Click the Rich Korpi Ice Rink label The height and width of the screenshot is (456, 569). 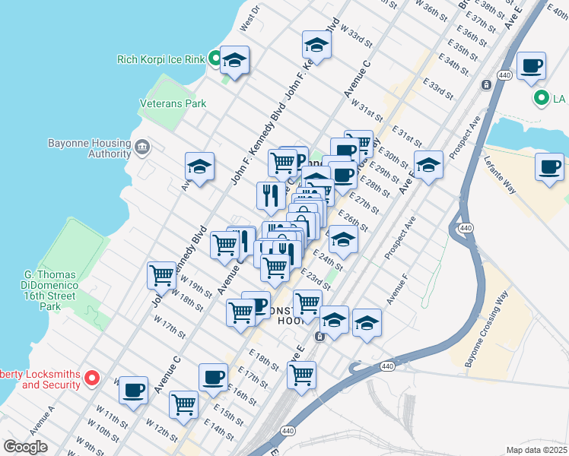pos(161,59)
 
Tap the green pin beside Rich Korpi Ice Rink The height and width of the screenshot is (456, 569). pos(215,58)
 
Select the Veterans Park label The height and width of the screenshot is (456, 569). pos(173,103)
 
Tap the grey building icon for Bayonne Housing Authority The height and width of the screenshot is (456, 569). pos(142,146)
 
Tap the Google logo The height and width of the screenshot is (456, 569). pos(25,446)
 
